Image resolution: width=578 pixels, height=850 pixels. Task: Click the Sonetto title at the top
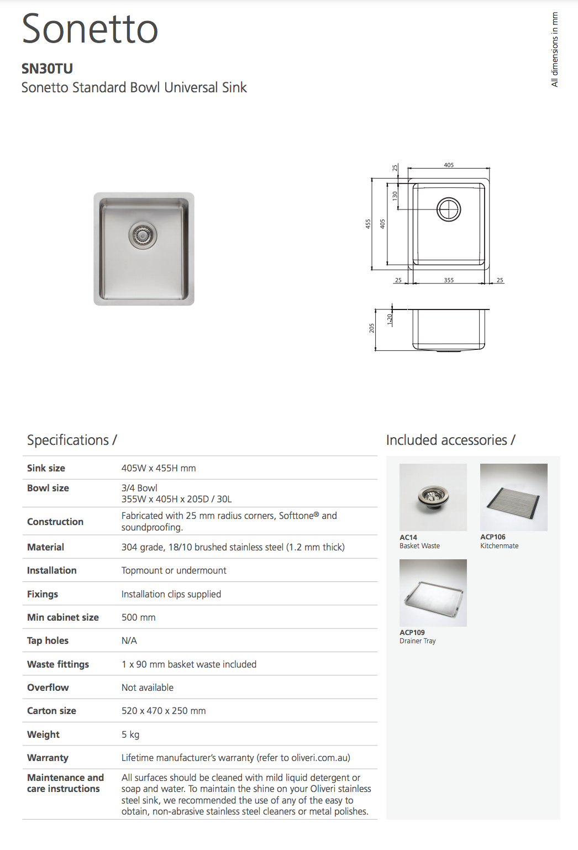coord(90,29)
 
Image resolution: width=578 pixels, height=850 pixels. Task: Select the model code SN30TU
coord(47,69)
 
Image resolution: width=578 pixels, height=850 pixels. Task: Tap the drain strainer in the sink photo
coord(143,235)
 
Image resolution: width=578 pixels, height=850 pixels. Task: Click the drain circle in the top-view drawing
coord(449,209)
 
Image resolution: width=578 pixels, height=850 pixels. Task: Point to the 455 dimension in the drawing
coord(368,224)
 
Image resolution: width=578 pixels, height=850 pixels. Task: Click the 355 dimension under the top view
coord(449,280)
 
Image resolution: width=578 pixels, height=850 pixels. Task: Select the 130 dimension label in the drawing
coord(395,196)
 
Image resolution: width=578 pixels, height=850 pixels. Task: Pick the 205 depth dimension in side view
coord(372,328)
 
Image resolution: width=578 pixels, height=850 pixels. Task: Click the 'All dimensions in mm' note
coord(555,50)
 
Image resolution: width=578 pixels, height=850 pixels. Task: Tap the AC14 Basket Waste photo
coord(433,497)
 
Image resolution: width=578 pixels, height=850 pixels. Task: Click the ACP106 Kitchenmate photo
coord(513,497)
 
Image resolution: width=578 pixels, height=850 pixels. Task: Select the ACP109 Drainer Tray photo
coord(433,592)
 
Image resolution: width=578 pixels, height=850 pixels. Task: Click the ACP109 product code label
coord(412,632)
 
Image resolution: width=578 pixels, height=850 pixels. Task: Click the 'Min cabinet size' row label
coord(63,617)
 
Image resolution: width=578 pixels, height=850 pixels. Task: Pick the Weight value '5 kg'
coord(130,734)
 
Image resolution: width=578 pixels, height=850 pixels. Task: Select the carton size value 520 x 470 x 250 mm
coord(164,711)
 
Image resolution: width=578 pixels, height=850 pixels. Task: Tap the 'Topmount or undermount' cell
coord(174,570)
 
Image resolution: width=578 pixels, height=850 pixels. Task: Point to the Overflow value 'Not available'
coord(148,688)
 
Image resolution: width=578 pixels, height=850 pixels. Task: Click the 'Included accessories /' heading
coord(450,440)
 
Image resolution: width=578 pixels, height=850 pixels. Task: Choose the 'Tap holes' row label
coord(48,641)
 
